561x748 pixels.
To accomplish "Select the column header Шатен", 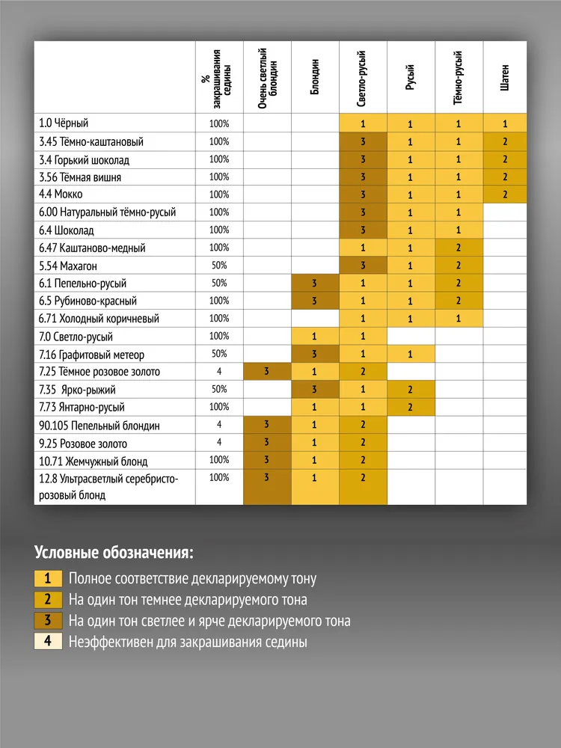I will (x=506, y=77).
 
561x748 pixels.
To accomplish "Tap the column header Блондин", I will (x=315, y=77).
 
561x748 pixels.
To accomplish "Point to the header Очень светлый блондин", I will (x=267, y=77).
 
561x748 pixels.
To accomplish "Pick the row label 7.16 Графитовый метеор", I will (x=92, y=354).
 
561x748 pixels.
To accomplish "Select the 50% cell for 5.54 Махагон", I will (x=219, y=266).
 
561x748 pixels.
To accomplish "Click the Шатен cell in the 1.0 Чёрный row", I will (x=506, y=123).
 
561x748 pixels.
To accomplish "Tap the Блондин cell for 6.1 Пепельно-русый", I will (x=315, y=283).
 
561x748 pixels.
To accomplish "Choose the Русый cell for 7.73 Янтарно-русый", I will (x=411, y=407).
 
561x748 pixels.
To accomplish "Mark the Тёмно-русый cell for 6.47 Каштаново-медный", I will (x=459, y=248).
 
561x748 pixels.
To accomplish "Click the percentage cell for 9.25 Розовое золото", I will (x=219, y=443).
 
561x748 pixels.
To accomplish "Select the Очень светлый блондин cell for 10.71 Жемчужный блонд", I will (x=267, y=461).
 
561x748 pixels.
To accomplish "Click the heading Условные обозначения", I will (x=114, y=554).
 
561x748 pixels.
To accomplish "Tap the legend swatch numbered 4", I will (x=48, y=642).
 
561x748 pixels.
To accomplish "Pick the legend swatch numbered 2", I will (x=48, y=599).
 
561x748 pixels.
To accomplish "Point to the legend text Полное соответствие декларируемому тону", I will (x=192, y=578).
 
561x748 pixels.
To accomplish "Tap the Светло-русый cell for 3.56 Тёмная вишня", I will (x=363, y=177).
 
